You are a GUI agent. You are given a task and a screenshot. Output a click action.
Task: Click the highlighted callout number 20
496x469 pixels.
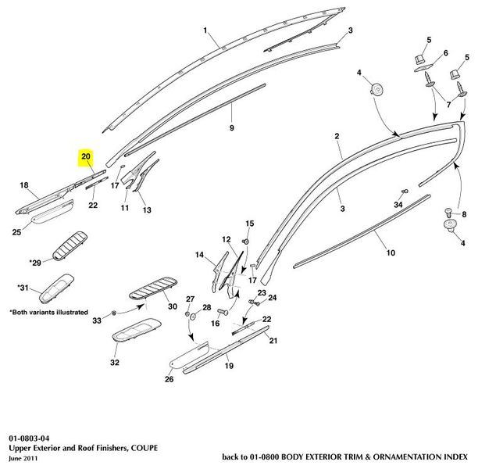click(86, 156)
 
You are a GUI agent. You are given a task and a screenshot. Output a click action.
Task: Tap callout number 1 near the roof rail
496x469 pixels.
click(205, 30)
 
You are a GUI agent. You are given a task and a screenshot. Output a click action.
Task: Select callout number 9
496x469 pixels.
click(232, 128)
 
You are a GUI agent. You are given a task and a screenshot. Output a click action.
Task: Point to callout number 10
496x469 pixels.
click(391, 252)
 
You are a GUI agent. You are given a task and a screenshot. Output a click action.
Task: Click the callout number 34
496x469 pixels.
click(398, 205)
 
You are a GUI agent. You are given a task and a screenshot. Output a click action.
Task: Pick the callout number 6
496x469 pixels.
click(446, 53)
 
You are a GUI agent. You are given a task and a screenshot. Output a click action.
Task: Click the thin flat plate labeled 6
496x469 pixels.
click(423, 68)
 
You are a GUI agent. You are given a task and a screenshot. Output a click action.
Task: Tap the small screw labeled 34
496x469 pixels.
click(405, 192)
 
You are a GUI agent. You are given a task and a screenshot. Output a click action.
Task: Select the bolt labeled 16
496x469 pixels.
click(223, 313)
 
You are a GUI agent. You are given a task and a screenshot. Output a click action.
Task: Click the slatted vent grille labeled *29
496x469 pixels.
click(70, 246)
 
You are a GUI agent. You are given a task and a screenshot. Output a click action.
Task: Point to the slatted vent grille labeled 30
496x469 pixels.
click(153, 288)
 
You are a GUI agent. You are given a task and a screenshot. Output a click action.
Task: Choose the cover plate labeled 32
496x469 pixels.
click(137, 330)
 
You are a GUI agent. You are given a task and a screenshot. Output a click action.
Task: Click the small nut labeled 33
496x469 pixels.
click(114, 313)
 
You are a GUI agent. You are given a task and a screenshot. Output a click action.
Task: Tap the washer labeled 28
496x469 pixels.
click(194, 316)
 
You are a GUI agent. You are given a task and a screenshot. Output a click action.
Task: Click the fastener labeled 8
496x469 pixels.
click(448, 211)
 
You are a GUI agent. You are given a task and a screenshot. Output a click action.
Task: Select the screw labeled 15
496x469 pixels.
click(246, 242)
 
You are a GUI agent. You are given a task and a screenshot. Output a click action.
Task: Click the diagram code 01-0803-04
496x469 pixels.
click(29, 439)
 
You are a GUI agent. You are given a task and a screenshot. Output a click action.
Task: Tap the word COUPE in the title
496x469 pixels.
click(145, 448)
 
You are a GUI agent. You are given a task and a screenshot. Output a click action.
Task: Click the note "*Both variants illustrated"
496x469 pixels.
click(49, 313)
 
